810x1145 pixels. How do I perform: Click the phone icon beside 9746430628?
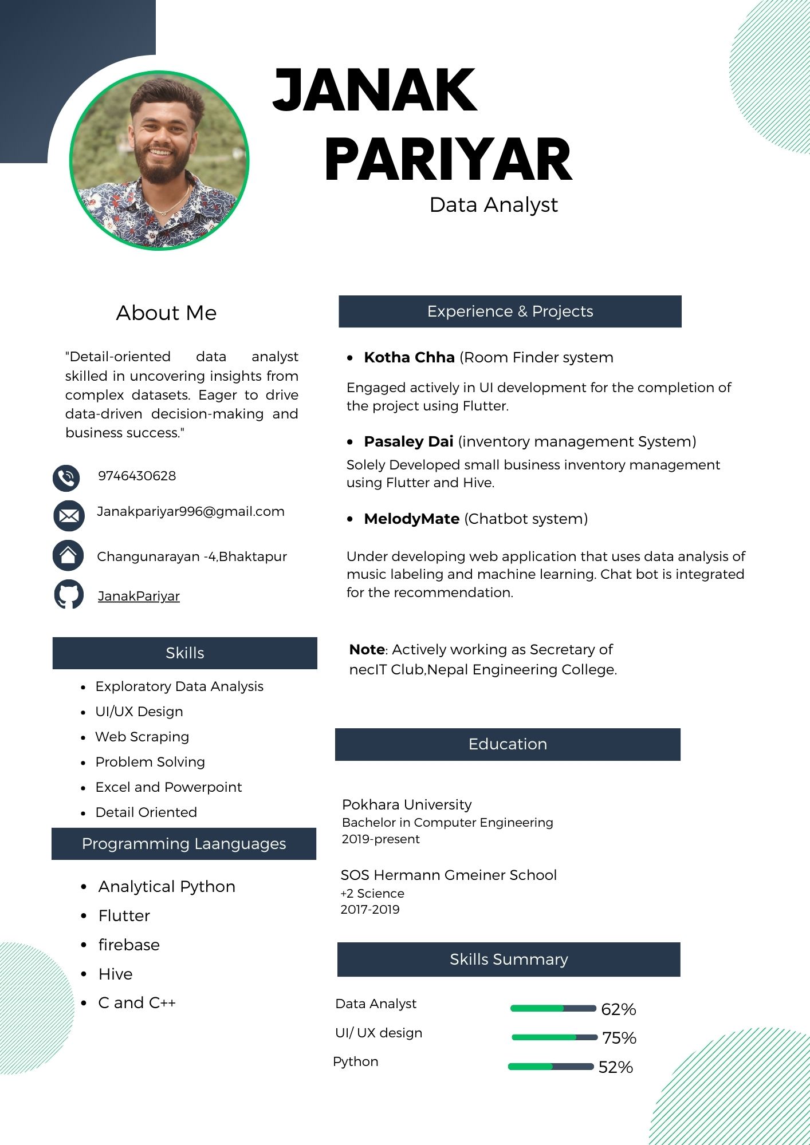coord(66,478)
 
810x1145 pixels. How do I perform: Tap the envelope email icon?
coord(69,515)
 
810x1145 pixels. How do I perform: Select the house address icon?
coord(68,555)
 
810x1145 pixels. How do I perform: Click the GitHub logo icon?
coord(69,594)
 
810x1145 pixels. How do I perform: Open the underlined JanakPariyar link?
coord(139,597)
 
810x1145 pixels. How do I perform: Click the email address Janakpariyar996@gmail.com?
coord(190,511)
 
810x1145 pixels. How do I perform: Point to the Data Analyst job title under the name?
coord(493,205)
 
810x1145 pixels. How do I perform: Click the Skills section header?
coord(184,653)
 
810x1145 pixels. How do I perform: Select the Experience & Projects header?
coord(510,311)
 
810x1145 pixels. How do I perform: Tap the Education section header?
coord(508,744)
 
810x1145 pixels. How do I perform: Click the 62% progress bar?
coord(553,1008)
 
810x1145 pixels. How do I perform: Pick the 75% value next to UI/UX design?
coord(619,1038)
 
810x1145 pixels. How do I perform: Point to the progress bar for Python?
coord(551,1067)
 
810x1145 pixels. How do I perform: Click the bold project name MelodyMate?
coord(411,519)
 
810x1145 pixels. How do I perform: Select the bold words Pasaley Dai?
coord(408,442)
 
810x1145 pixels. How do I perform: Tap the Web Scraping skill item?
coord(142,737)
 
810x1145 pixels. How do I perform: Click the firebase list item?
coord(129,945)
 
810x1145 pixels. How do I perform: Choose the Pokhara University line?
coord(407,805)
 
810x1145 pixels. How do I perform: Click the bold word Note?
coord(367,650)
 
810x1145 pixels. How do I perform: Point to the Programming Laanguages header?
coord(184,844)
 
